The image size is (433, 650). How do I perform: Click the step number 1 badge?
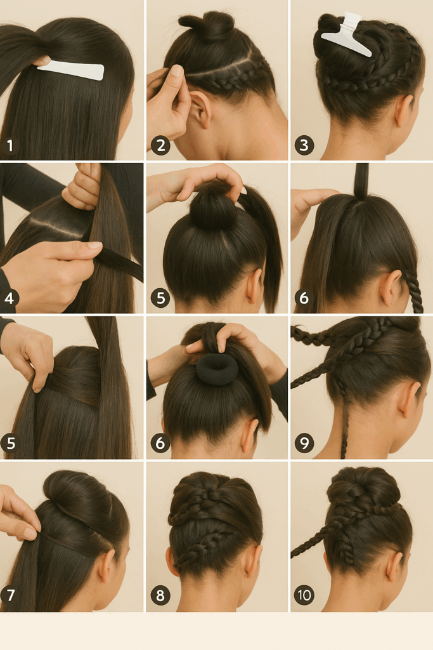tap(10, 145)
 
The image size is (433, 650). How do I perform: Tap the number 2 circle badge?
tap(160, 145)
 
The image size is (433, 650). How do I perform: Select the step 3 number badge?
tap(304, 145)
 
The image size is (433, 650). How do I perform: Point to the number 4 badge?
tap(9, 298)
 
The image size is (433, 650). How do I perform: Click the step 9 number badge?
tap(304, 443)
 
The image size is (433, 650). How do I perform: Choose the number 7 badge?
tap(10, 595)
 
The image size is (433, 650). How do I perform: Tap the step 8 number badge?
tap(160, 595)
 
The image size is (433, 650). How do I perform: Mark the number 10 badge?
tap(304, 595)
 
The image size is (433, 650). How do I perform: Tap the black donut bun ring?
tap(216, 369)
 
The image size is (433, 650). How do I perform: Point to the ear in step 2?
tap(201, 109)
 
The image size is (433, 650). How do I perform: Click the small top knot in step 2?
tap(207, 25)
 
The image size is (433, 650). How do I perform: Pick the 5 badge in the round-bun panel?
tap(160, 298)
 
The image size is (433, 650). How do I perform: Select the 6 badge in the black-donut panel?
tap(160, 443)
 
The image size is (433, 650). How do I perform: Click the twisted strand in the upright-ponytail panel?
tap(413, 291)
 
